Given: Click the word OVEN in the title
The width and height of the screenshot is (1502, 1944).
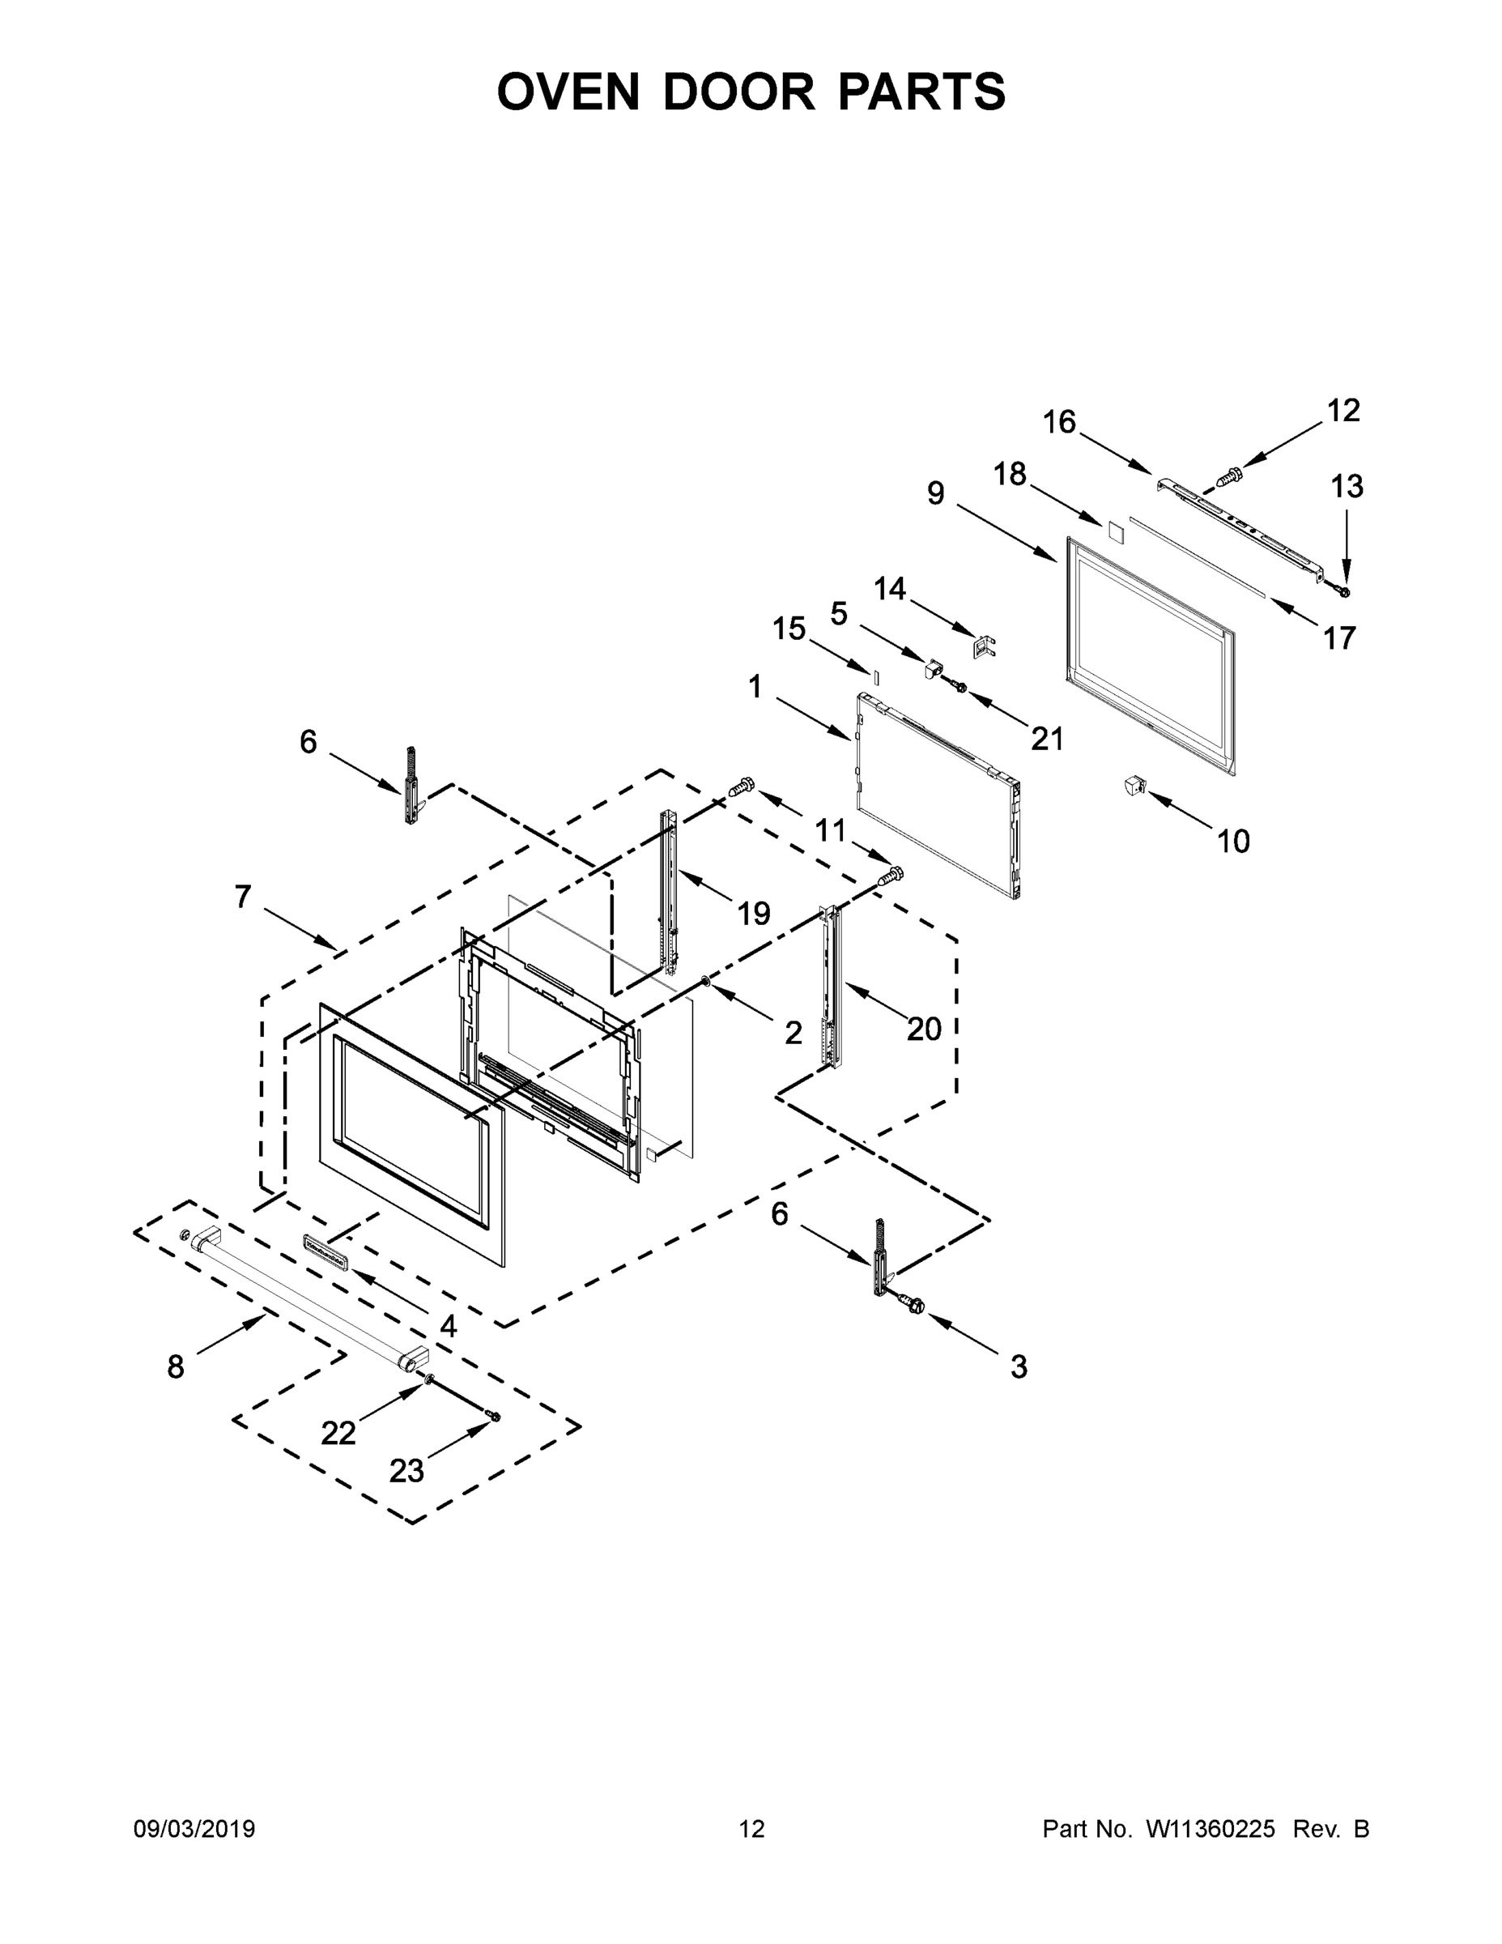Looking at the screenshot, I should click(568, 92).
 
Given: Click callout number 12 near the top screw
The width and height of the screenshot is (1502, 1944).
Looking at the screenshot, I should click(1342, 411).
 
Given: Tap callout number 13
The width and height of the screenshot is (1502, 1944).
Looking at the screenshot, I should click(1347, 487).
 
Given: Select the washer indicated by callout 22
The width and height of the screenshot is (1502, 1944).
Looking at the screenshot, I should click(429, 1379).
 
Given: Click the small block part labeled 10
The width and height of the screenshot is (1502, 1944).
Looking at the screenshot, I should click(1134, 786).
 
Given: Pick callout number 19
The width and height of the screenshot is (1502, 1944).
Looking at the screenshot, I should click(754, 912).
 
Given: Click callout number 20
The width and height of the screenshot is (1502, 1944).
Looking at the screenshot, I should click(924, 1029).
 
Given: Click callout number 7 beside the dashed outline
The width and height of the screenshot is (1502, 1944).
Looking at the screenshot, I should click(243, 897).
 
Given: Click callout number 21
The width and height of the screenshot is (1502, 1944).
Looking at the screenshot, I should click(1046, 739).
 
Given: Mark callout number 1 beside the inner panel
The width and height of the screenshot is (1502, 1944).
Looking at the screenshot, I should click(755, 686).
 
